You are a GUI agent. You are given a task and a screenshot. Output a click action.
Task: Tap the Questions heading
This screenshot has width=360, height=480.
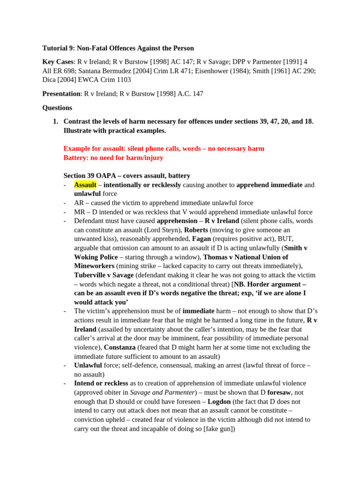57,108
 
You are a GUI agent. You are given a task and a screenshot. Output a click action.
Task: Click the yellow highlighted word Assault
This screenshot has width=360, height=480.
85,185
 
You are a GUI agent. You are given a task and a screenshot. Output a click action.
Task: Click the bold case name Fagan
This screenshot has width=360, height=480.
202,240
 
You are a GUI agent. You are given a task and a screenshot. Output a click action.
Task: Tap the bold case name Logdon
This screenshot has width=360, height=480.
219,402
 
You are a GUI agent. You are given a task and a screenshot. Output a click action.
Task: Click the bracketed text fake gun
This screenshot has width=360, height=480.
219,429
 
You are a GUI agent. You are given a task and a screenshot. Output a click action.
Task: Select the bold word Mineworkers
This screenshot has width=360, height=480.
94,266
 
